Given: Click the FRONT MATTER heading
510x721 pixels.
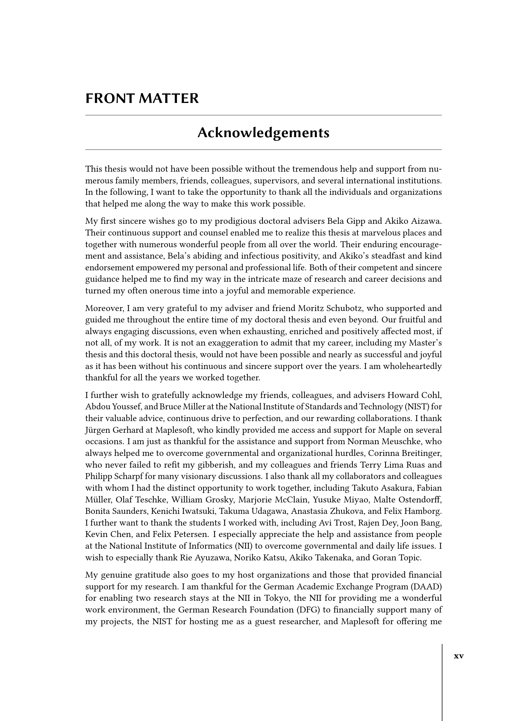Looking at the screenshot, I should click(142, 99).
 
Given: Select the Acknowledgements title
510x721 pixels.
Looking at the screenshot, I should click(263, 133).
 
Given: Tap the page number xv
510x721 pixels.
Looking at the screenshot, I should click(459, 656).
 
